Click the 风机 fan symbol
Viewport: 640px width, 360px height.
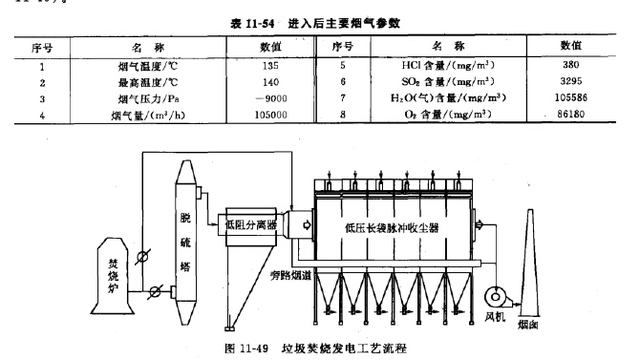(x=497, y=296)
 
